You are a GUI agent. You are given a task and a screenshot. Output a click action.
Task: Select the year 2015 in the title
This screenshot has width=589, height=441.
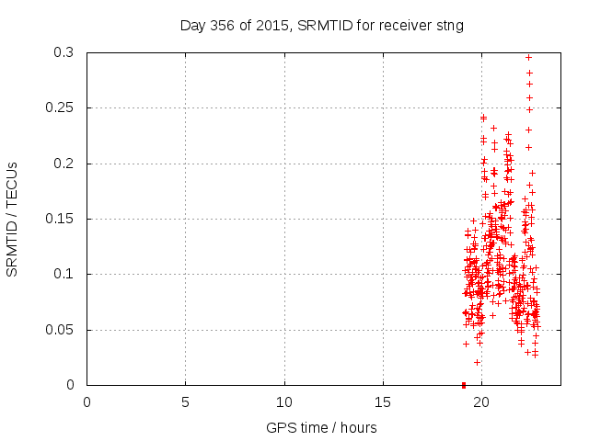tap(271, 25)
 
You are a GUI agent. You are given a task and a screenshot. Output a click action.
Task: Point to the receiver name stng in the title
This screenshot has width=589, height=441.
tap(448, 25)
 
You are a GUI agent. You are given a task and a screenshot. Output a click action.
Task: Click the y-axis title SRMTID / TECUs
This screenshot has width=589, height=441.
tap(12, 219)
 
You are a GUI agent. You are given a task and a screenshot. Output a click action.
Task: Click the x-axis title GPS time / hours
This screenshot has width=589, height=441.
tap(321, 427)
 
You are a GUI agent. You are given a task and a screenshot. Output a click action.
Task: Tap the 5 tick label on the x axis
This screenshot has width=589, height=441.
tap(186, 401)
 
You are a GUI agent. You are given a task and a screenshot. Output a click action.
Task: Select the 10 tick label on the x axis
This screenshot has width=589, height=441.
tap(284, 401)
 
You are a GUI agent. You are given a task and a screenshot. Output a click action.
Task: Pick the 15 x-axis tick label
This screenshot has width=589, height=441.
tap(383, 401)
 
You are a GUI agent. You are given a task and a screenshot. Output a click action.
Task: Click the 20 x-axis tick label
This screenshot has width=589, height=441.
tap(481, 401)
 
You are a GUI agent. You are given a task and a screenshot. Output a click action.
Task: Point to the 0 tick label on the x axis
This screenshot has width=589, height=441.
tap(87, 401)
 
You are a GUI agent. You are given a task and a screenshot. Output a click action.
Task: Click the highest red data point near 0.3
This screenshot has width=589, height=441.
tap(528, 57)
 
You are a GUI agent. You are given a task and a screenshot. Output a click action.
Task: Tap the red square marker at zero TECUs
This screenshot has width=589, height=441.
tap(463, 384)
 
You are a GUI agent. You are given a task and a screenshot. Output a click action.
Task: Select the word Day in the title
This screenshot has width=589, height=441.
tap(191, 25)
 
